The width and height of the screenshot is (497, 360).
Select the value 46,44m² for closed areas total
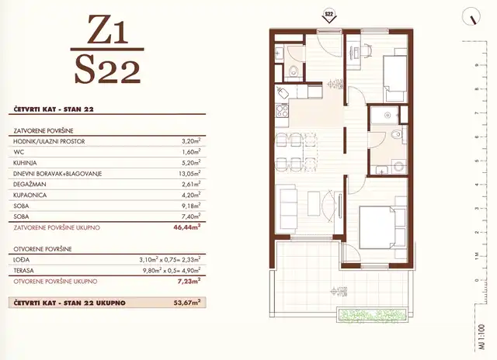186,228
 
